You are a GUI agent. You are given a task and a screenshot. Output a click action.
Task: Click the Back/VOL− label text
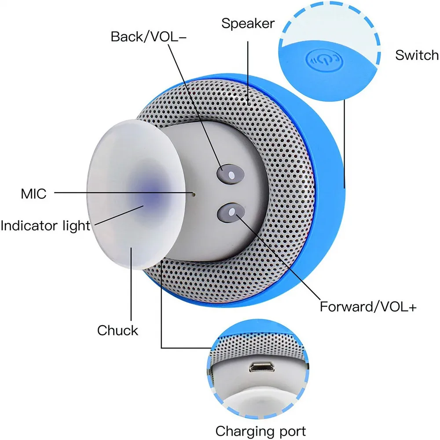[x=149, y=37]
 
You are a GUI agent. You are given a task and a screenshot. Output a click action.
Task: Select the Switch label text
[x=416, y=55]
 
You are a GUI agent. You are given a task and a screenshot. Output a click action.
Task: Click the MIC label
[x=33, y=193]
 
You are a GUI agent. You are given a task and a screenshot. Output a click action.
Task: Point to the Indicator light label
[x=45, y=226]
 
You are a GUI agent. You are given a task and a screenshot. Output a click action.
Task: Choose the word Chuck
[x=117, y=330]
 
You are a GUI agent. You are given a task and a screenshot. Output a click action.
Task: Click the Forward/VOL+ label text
[x=368, y=306]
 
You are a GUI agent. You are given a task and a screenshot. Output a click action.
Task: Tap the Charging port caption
[x=260, y=430]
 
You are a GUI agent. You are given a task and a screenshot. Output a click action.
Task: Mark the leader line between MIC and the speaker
[x=123, y=192]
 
